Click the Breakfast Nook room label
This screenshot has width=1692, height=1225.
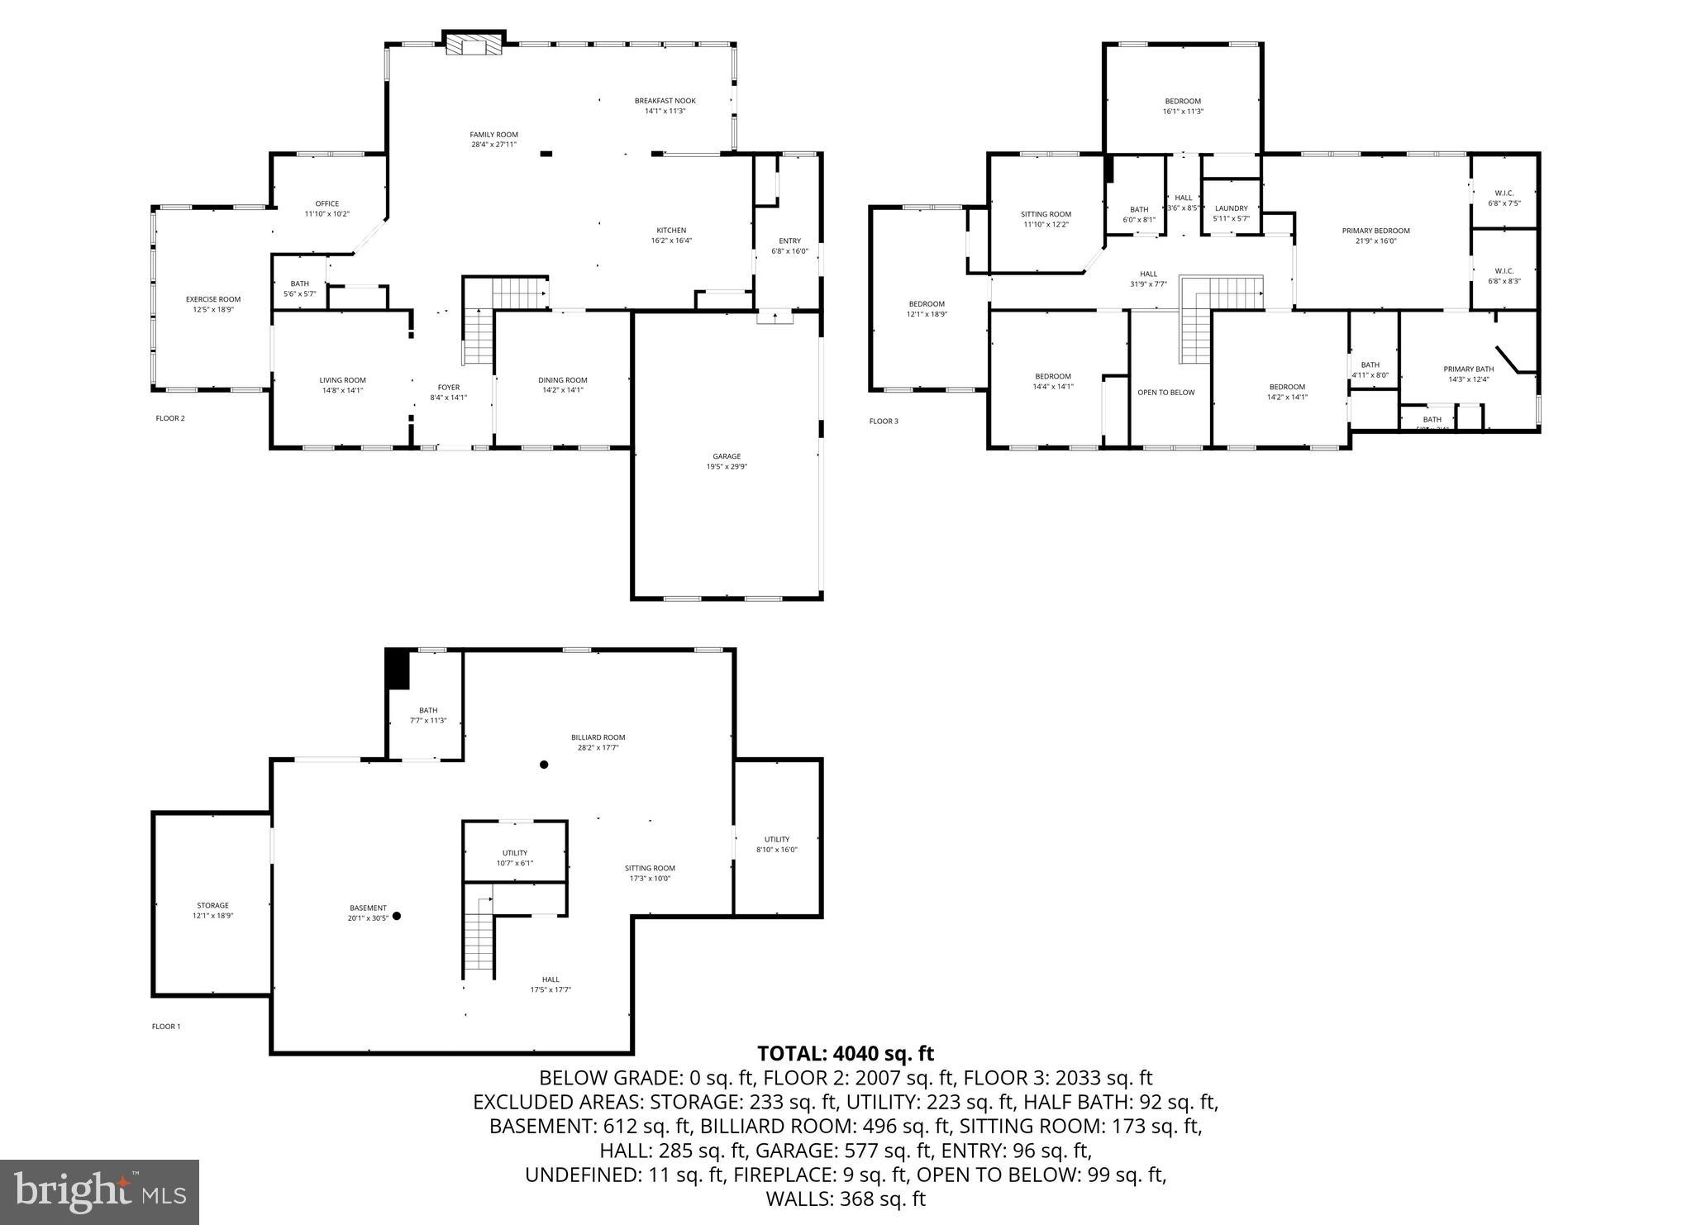click(665, 101)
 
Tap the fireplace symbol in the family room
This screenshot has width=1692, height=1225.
click(474, 44)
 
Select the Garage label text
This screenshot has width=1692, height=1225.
click(727, 456)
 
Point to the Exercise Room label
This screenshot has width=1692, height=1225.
click(212, 299)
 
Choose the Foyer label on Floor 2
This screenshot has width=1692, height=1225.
click(448, 387)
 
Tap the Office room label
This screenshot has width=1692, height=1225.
click(326, 203)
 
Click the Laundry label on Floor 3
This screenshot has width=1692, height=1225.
click(1231, 208)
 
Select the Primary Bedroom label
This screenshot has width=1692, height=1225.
click(1375, 231)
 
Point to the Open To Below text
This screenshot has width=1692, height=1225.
click(1165, 393)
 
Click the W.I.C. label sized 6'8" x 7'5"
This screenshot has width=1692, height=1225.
click(1504, 193)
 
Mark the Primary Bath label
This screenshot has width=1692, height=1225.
click(1468, 369)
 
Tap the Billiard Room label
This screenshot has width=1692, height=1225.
click(598, 737)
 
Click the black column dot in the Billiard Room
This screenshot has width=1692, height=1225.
click(544, 765)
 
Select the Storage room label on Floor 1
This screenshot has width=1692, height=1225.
click(212, 905)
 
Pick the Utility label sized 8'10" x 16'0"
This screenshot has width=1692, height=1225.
click(776, 839)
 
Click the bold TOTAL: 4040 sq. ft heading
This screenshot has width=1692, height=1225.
click(845, 1054)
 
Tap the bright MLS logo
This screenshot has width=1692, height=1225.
click(99, 1191)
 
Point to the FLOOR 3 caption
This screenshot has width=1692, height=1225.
click(883, 422)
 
